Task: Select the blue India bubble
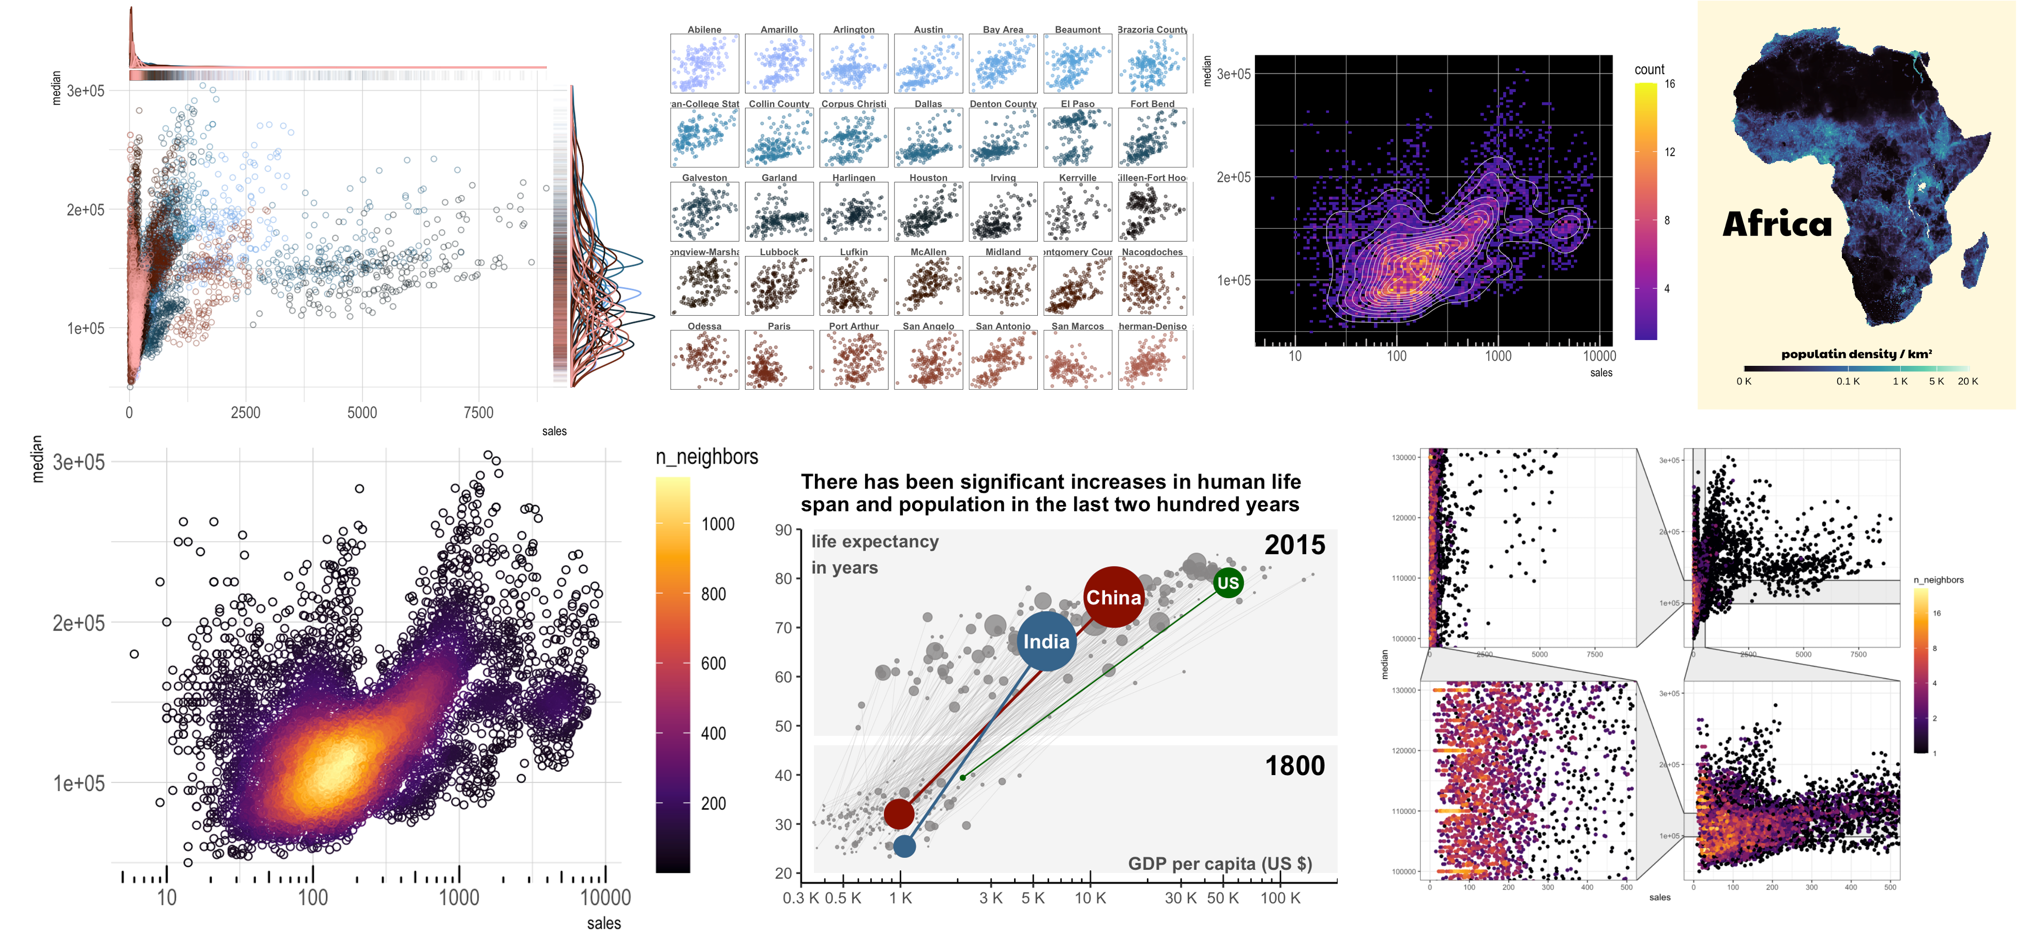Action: coord(1046,641)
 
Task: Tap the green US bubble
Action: coord(1228,583)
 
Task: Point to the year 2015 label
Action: coord(1295,544)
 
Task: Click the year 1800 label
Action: coord(1295,766)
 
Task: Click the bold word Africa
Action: coord(1777,224)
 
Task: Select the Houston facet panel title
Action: coord(928,178)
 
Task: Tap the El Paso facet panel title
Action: coord(1078,104)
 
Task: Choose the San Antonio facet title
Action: coord(1003,326)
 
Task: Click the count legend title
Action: coord(1649,69)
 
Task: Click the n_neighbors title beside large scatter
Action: coord(706,456)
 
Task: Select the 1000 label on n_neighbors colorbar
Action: coord(717,524)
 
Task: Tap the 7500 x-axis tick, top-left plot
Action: coord(478,412)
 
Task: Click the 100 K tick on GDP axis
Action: coord(1280,898)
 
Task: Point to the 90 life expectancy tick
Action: coord(783,530)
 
